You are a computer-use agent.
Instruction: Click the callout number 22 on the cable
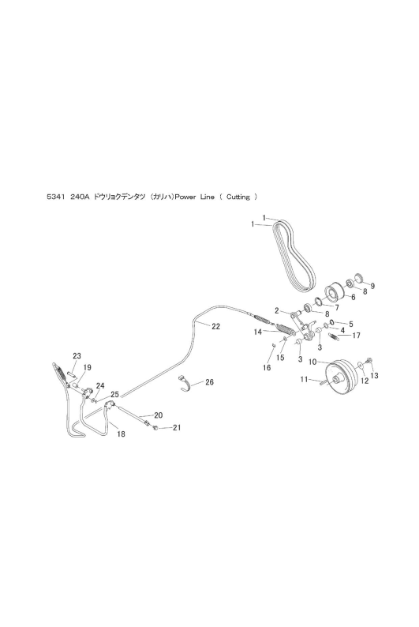215,327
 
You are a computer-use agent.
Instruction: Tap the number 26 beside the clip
209,382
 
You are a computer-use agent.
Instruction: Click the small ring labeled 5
332,322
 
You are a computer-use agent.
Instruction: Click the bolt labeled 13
368,360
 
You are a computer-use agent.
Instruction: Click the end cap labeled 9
359,277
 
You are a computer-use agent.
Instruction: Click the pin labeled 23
72,374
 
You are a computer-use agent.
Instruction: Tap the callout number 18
121,434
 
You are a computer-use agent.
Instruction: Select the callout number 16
267,368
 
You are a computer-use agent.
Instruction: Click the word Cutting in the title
238,197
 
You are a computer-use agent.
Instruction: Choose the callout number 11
305,379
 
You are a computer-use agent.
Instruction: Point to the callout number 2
276,310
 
